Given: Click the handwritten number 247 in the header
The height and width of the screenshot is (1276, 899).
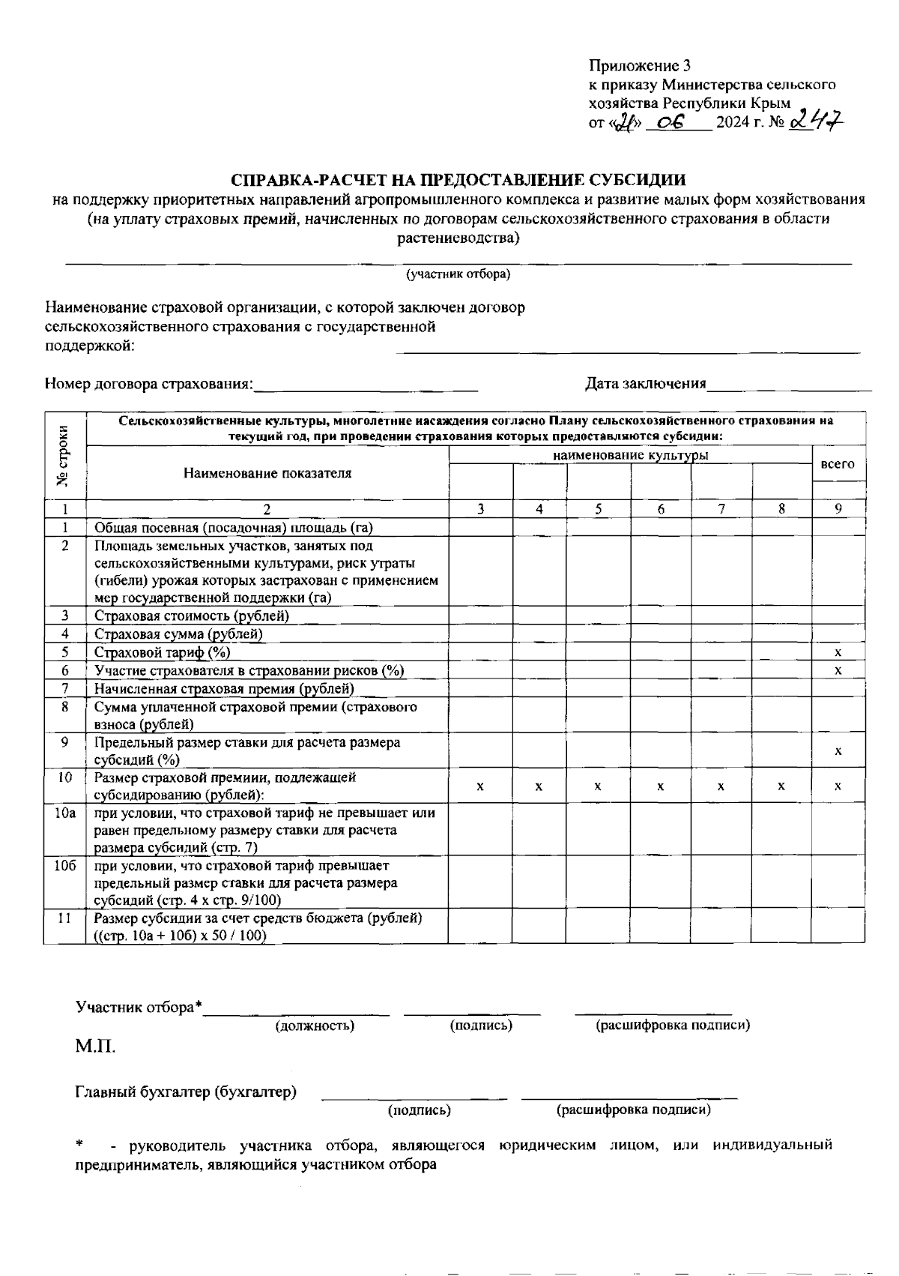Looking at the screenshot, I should point(816,118).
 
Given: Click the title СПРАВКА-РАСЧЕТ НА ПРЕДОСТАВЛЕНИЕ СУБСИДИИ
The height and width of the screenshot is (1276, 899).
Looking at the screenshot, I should point(458,180).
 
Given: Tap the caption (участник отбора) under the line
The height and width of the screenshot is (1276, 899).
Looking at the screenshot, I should point(458,274).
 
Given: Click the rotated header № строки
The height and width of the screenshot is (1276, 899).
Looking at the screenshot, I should point(65,456).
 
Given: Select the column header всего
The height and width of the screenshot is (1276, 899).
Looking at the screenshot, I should point(838,464).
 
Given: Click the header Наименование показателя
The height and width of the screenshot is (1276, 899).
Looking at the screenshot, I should point(267,473).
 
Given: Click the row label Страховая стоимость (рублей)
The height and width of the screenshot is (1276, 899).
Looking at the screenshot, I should point(192,616).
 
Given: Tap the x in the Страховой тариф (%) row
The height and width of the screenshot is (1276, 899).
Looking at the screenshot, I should point(838,652).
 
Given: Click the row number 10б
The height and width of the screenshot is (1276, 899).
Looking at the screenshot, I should point(65,866).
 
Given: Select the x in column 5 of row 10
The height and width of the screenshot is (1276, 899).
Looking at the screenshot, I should point(598,786).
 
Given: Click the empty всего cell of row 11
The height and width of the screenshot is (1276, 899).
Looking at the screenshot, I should point(838,926).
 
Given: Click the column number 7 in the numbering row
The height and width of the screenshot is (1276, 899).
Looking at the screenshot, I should point(721,508).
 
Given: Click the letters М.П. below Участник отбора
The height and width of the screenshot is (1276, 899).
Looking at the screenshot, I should point(95,1046).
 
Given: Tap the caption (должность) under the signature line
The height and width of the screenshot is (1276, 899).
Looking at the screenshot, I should point(315,1025).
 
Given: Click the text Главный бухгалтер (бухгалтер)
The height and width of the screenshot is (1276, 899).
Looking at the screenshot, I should point(186,1092).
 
